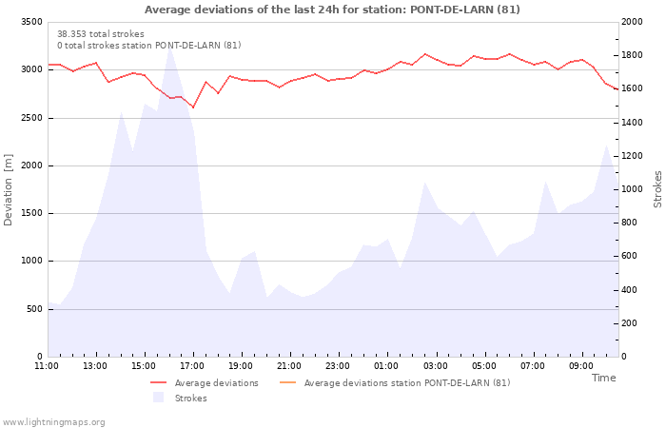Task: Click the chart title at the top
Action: (x=332, y=10)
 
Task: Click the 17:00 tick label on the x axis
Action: (x=193, y=365)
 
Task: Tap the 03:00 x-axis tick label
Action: (x=436, y=365)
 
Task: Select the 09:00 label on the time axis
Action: (x=581, y=365)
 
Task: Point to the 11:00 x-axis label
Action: (x=47, y=365)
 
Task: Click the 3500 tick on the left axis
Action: (x=31, y=22)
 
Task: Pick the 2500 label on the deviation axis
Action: (x=31, y=118)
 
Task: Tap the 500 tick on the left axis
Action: (x=34, y=309)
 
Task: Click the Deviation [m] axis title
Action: (x=9, y=189)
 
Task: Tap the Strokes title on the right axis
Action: (x=657, y=189)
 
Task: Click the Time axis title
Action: (x=603, y=378)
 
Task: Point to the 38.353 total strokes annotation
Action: (x=101, y=34)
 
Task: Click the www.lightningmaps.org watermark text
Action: (x=54, y=422)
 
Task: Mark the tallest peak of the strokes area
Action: (x=169, y=49)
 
